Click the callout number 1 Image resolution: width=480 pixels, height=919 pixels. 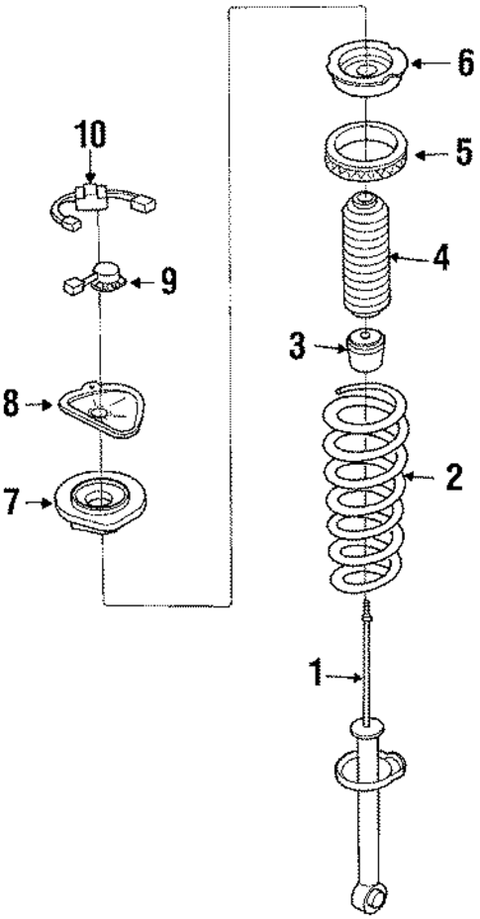click(315, 676)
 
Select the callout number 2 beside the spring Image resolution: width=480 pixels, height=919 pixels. click(454, 479)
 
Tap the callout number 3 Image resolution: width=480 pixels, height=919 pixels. click(295, 347)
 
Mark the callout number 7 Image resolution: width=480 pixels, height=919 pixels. click(12, 503)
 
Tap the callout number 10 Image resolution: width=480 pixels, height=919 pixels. click(87, 133)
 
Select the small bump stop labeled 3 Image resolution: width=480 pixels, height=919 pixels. click(368, 352)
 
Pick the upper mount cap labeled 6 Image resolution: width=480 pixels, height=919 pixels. click(366, 71)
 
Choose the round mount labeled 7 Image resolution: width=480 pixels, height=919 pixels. click(99, 499)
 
